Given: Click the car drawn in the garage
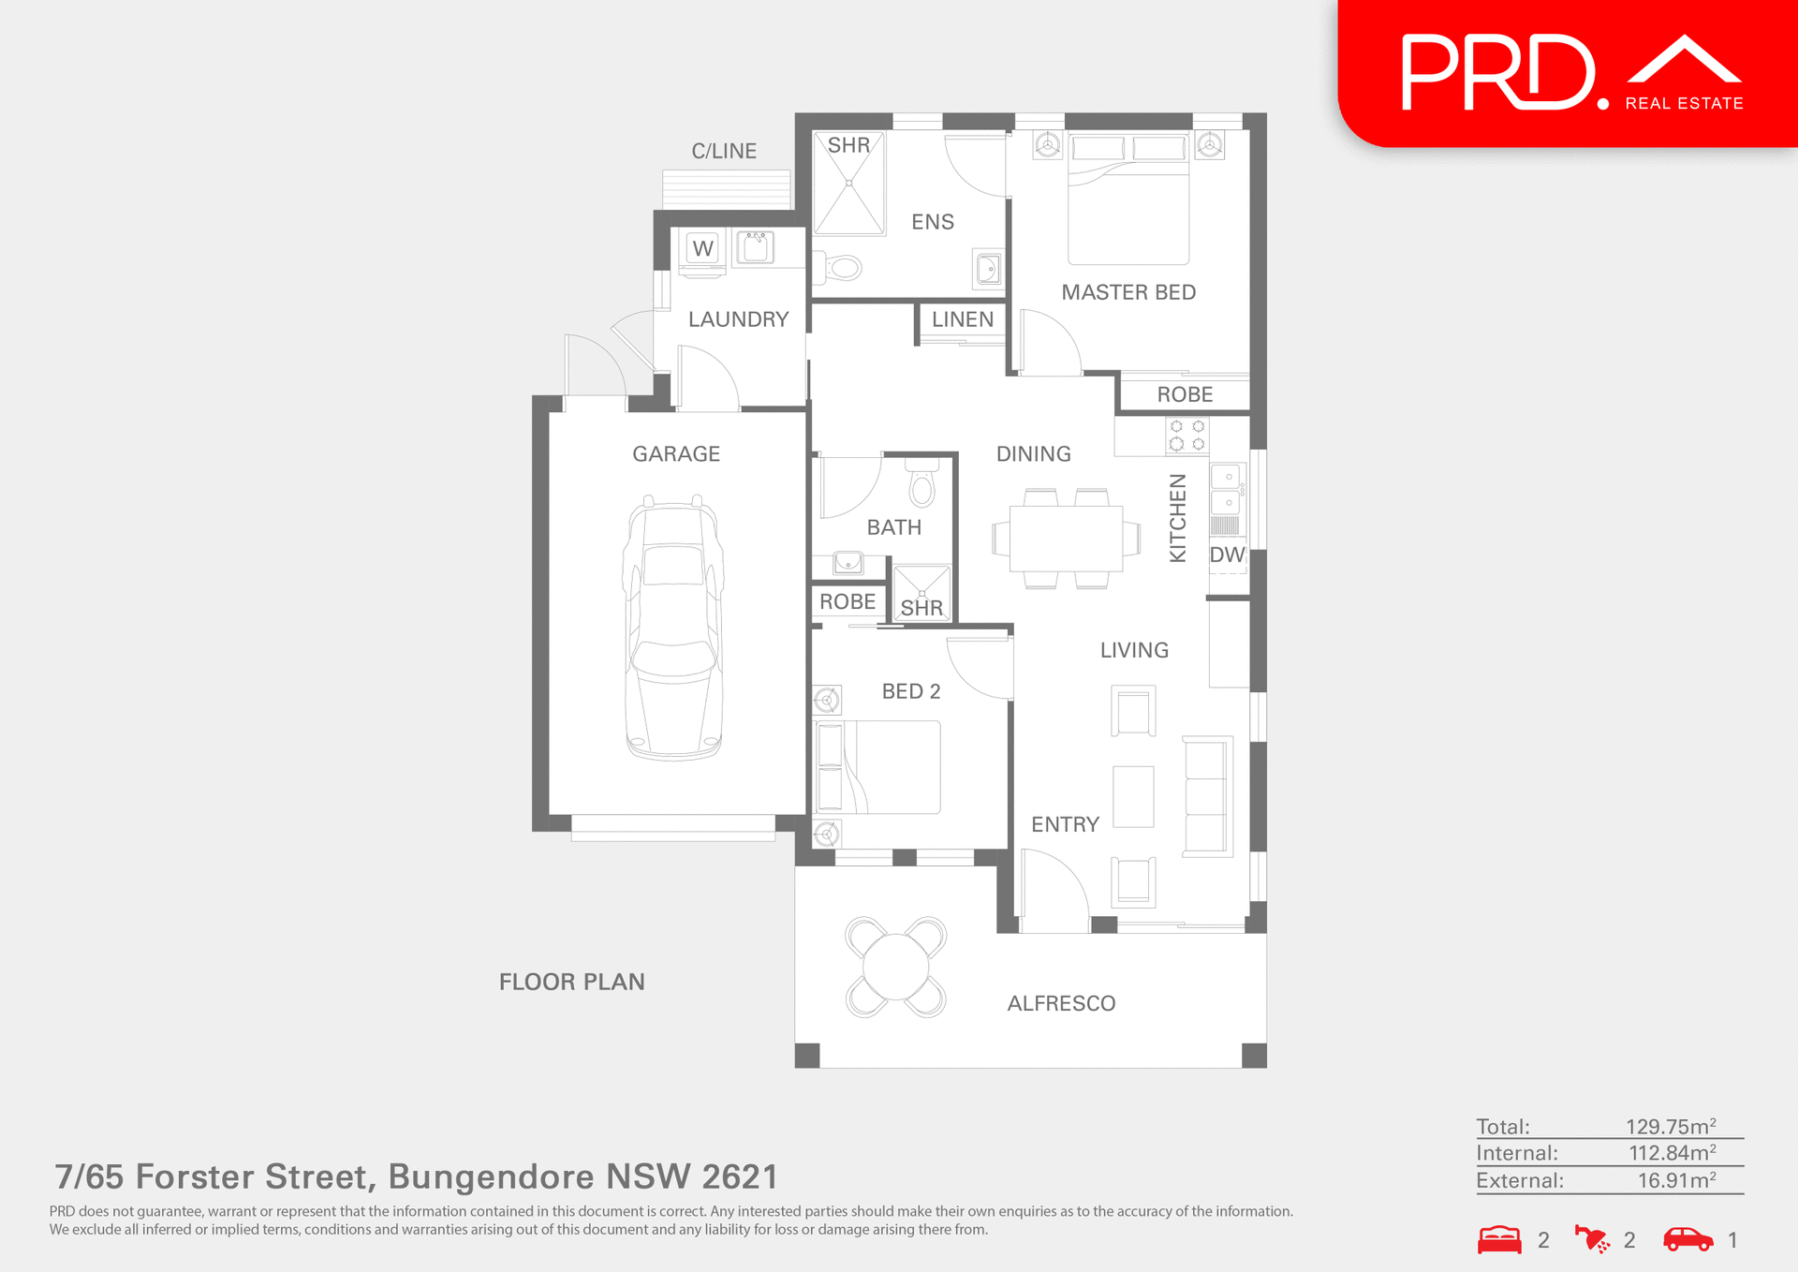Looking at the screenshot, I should tap(673, 628).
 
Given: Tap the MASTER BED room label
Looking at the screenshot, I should tap(1128, 292).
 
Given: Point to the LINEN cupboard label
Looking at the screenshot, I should tap(962, 319).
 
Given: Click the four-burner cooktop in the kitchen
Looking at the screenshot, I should tap(1186, 436).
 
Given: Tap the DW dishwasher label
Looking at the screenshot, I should tap(1227, 555).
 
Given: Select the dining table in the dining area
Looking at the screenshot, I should tap(1067, 539).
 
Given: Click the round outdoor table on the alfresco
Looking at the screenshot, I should tap(895, 967).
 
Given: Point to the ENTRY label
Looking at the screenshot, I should tap(1065, 824).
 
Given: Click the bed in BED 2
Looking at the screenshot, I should tap(880, 766).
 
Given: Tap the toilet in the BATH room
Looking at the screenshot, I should tap(922, 485).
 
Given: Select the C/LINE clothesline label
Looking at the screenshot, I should tap(724, 151).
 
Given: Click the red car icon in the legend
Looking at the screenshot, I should tap(1687, 1239).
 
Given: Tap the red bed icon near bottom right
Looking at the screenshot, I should tap(1499, 1239).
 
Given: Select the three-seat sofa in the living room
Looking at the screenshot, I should tap(1207, 796).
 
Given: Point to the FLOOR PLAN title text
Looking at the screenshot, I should tap(571, 982).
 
